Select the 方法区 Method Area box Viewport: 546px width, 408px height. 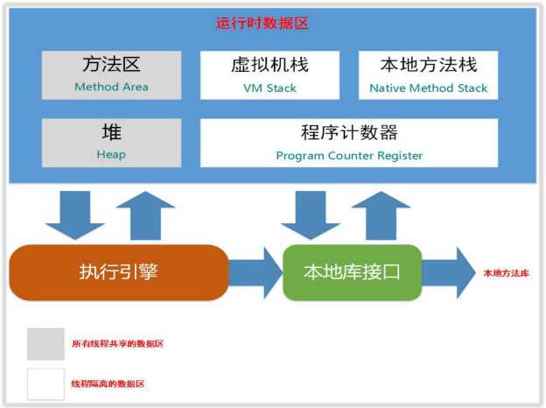coord(111,74)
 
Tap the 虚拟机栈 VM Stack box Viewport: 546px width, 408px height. coord(269,74)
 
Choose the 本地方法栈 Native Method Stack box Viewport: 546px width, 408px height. coord(428,74)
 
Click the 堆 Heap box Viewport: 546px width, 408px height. coord(111,143)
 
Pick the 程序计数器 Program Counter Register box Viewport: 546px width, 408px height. coord(349,143)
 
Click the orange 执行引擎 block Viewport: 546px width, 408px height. coord(118,272)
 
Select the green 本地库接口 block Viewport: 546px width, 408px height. coord(352,272)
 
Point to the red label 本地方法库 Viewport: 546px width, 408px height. coord(507,273)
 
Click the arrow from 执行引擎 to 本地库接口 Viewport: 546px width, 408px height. coord(255,272)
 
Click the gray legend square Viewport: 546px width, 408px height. coord(45,344)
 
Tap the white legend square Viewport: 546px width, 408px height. coord(45,383)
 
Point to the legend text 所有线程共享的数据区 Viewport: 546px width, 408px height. coord(117,344)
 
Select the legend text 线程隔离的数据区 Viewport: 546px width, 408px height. coord(108,384)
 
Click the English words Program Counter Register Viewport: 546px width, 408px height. coord(349,156)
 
